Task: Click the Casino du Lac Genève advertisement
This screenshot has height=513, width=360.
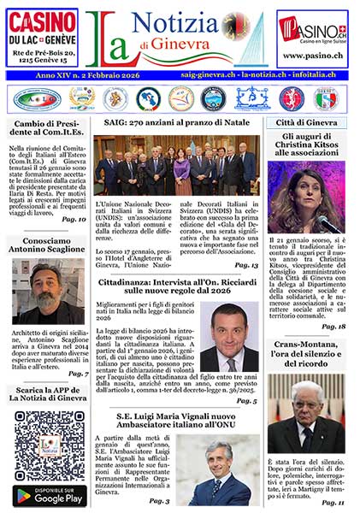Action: pyautogui.click(x=42, y=38)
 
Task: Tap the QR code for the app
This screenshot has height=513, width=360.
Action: pyautogui.click(x=49, y=445)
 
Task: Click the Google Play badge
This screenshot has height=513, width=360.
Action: pyautogui.click(x=49, y=495)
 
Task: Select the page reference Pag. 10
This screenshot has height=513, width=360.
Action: pyautogui.click(x=74, y=220)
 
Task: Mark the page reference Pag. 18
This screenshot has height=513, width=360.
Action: pyautogui.click(x=333, y=326)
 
